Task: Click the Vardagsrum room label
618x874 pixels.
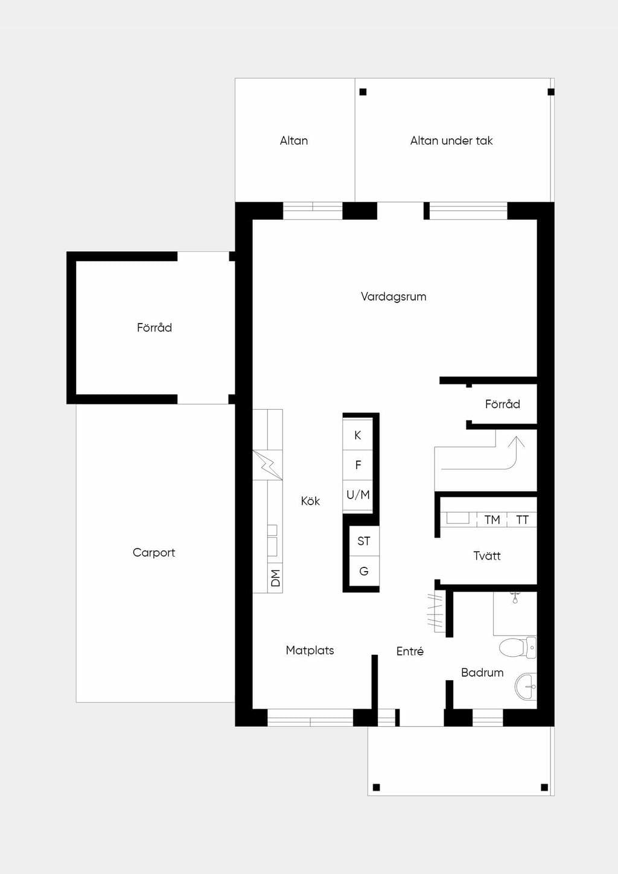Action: coord(393,296)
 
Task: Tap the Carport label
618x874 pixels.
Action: coord(154,552)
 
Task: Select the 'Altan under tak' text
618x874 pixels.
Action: coord(451,141)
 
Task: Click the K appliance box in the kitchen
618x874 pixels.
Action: coord(357,435)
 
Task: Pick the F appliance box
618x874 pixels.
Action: coord(357,465)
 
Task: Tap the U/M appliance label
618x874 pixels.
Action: coord(358,495)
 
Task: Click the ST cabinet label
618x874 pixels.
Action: coord(364,541)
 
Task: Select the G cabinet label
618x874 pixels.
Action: coord(364,571)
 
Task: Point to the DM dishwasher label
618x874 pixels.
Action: coord(275,578)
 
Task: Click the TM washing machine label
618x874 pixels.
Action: coord(492,520)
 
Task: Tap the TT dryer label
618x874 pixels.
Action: coord(522,520)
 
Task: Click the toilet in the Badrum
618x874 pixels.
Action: coord(518,648)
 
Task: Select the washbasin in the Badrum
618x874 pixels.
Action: coord(526,687)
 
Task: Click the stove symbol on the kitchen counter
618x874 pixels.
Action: coord(267,465)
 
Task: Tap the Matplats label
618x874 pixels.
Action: coord(310,651)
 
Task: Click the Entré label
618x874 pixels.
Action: coord(410,651)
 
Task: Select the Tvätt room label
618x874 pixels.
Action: coord(486,556)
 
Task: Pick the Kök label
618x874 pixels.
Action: coord(310,500)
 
